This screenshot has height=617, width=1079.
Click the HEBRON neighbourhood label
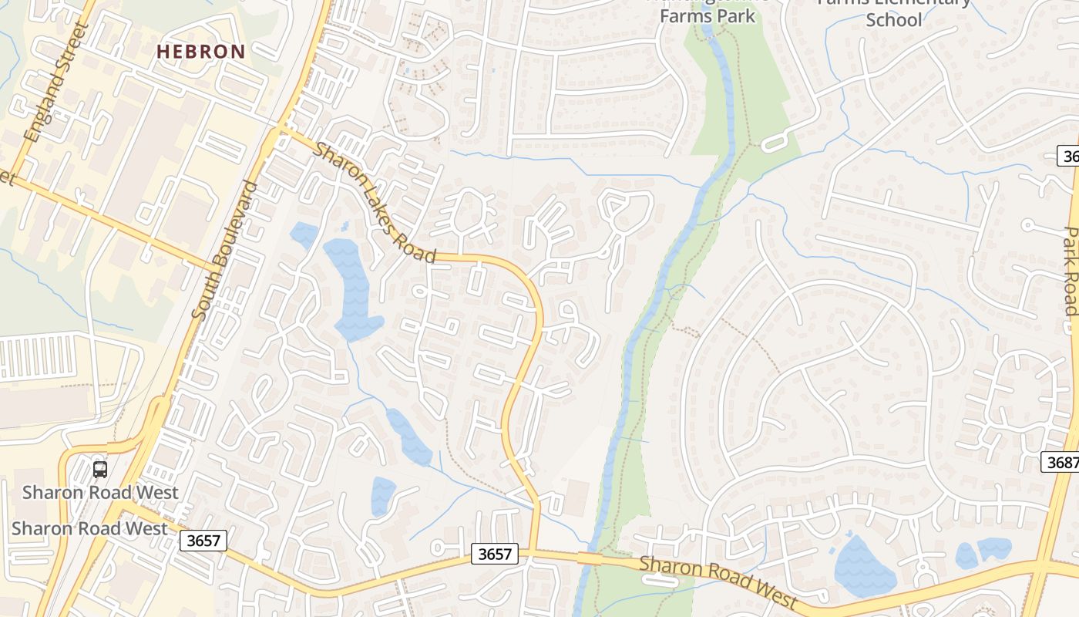tap(201, 52)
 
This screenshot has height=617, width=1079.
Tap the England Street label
tap(56, 83)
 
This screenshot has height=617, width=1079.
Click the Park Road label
tap(1071, 271)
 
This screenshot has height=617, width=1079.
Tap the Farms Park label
tap(708, 15)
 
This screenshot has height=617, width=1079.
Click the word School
tap(894, 20)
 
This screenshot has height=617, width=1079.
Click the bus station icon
tap(99, 469)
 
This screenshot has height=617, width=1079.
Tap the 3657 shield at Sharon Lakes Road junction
tap(494, 554)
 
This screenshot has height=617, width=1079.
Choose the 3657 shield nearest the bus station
tap(203, 541)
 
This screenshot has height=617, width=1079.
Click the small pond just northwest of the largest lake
tap(304, 233)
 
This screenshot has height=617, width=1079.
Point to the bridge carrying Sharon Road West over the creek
tap(590, 558)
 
